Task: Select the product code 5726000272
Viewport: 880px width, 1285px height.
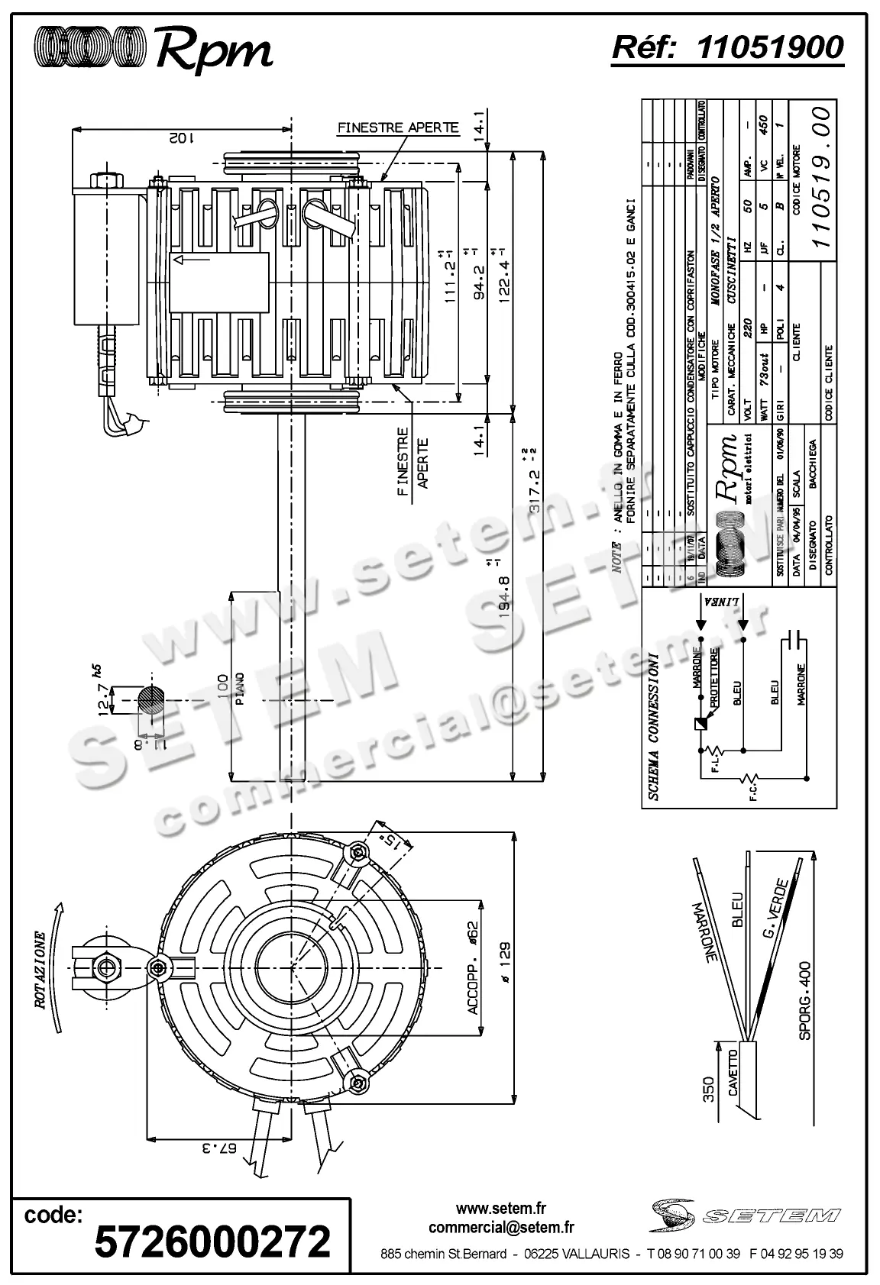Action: click(212, 1241)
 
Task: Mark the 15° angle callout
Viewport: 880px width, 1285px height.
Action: click(392, 842)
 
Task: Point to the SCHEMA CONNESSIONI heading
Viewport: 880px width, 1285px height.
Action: click(652, 727)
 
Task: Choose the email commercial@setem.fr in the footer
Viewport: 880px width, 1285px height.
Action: click(501, 1228)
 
